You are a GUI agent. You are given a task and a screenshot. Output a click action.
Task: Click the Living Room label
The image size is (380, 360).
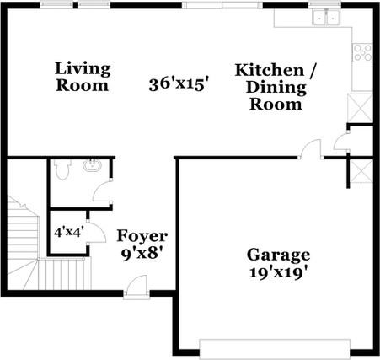[83, 77]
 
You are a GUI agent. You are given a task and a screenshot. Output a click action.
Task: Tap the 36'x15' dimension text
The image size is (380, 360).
[178, 84]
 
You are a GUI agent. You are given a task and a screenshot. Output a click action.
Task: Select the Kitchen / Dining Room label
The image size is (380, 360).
[275, 87]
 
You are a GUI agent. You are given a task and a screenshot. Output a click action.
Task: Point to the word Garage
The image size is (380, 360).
[278, 255]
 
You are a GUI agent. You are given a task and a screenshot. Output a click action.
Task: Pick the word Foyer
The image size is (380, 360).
[142, 236]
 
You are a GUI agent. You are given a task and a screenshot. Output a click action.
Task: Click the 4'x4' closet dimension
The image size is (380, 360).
[68, 229]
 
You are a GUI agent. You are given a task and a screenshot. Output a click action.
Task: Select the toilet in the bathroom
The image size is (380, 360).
[62, 169]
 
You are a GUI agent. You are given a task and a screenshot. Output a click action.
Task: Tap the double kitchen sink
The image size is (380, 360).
[324, 16]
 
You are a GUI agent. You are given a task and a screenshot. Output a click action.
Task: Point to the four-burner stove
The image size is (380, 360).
[362, 52]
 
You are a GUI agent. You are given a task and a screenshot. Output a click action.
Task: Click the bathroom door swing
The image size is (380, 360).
[104, 191]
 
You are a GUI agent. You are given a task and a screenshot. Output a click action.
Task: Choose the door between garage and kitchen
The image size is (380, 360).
[310, 149]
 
